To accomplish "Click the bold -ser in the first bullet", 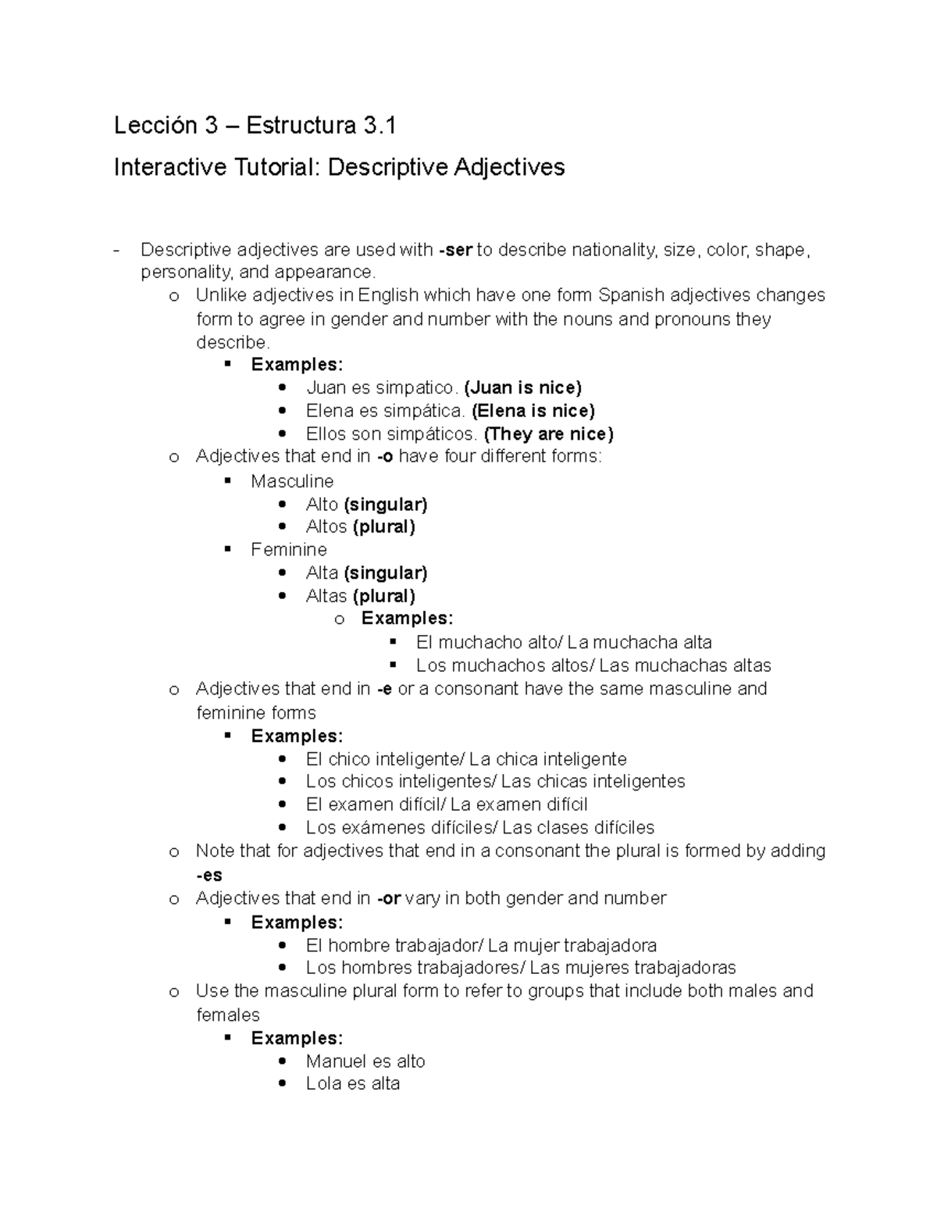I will point(456,250).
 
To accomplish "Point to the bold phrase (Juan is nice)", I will point(522,387).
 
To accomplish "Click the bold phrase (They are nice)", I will point(548,433).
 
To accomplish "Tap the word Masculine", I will point(292,481).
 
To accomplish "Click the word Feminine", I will point(289,550).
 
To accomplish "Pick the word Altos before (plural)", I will point(326,526).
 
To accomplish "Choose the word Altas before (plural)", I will point(326,596).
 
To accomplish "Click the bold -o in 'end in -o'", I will point(384,457).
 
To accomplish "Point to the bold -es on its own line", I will point(208,876).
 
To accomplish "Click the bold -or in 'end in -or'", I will point(388,898).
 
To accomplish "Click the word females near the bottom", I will point(227,1015).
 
